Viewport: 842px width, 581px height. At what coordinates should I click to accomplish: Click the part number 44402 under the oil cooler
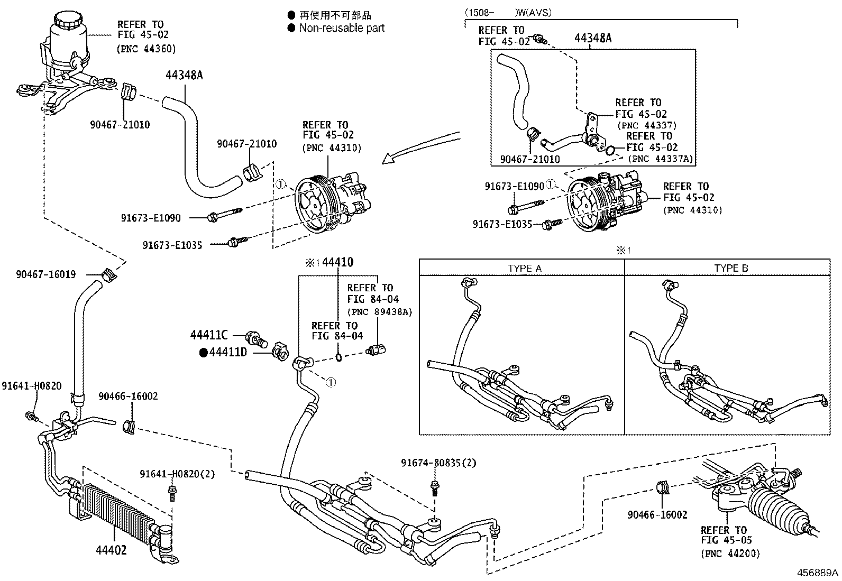111,550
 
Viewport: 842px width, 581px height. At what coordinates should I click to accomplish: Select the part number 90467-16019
45,274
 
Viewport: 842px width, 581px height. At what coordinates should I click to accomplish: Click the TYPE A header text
525,268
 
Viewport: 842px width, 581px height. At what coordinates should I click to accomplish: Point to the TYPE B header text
731,268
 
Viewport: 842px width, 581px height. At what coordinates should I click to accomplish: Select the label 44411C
209,335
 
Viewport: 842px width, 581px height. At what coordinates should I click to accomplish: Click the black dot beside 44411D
203,352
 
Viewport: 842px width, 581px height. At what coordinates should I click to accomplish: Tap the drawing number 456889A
818,573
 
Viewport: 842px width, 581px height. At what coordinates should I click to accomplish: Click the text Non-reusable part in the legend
342,28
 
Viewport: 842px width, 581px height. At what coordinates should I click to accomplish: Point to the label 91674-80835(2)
438,463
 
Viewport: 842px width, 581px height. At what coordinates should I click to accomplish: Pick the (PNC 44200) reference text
730,554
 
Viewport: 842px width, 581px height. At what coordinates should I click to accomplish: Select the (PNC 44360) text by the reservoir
146,49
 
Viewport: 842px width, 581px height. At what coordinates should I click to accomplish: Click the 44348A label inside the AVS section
593,38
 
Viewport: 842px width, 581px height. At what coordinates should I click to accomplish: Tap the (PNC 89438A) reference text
379,312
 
